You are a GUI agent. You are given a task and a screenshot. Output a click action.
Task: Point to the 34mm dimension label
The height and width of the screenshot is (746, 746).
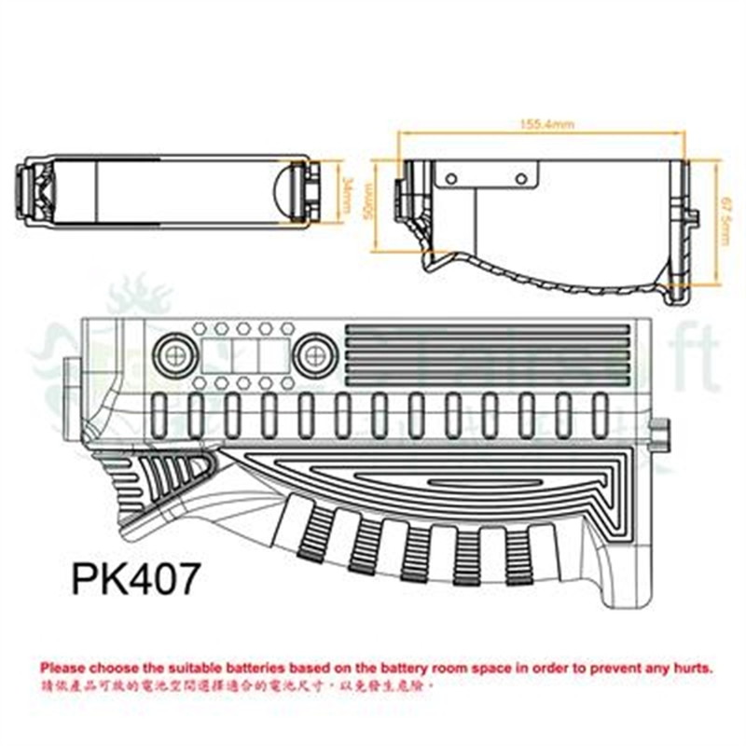pyautogui.click(x=345, y=193)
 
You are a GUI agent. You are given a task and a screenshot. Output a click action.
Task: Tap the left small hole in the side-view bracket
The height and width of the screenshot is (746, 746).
pyautogui.click(x=453, y=177)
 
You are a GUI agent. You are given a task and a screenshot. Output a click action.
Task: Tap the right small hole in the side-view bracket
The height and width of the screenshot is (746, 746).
pyautogui.click(x=520, y=177)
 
